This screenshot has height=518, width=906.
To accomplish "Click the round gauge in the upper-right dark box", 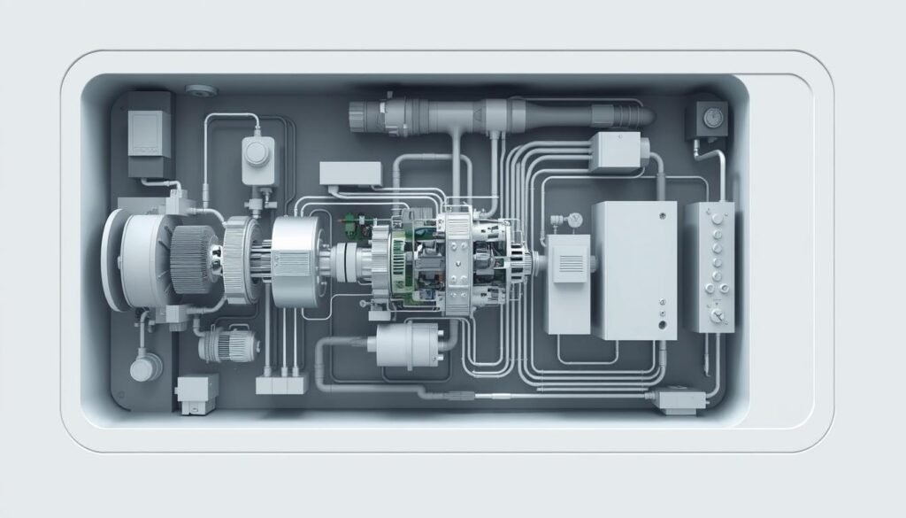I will [x=708, y=116].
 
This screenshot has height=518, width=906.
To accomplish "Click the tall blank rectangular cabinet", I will [x=633, y=269].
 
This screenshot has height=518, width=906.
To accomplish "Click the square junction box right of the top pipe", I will [x=613, y=151].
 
